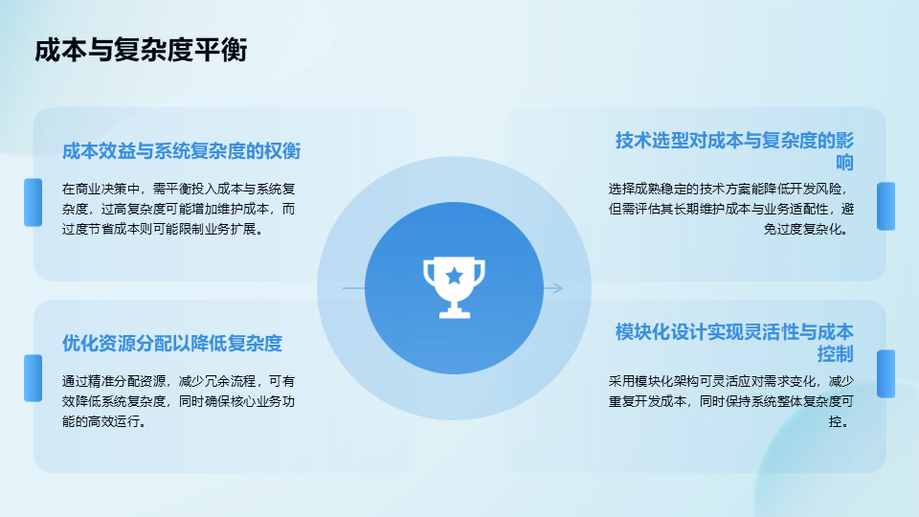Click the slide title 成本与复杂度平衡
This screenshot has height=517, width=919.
[141, 50]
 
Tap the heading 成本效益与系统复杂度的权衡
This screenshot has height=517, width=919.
[181, 151]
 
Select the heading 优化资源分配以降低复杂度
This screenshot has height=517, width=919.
[172, 343]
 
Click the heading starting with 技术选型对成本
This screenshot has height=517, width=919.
[734, 151]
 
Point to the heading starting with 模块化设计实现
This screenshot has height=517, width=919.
[734, 343]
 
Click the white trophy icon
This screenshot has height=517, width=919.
[454, 288]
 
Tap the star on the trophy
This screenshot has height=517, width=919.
[454, 276]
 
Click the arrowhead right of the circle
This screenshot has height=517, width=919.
[557, 288]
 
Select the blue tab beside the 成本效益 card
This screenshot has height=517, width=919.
[33, 202]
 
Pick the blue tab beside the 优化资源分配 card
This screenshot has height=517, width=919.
[33, 378]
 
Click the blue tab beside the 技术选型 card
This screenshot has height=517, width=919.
[885, 207]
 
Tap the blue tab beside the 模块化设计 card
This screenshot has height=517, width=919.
[885, 374]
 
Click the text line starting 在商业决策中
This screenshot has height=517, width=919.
[179, 189]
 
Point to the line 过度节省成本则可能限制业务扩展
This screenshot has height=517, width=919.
[163, 229]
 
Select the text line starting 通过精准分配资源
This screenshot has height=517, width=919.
[179, 381]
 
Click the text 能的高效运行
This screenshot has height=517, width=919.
[104, 421]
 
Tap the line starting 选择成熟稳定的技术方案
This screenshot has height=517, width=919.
[729, 189]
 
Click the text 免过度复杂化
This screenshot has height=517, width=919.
[806, 229]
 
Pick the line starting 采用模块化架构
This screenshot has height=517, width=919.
[730, 381]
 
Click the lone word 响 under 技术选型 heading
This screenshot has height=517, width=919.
[844, 163]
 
